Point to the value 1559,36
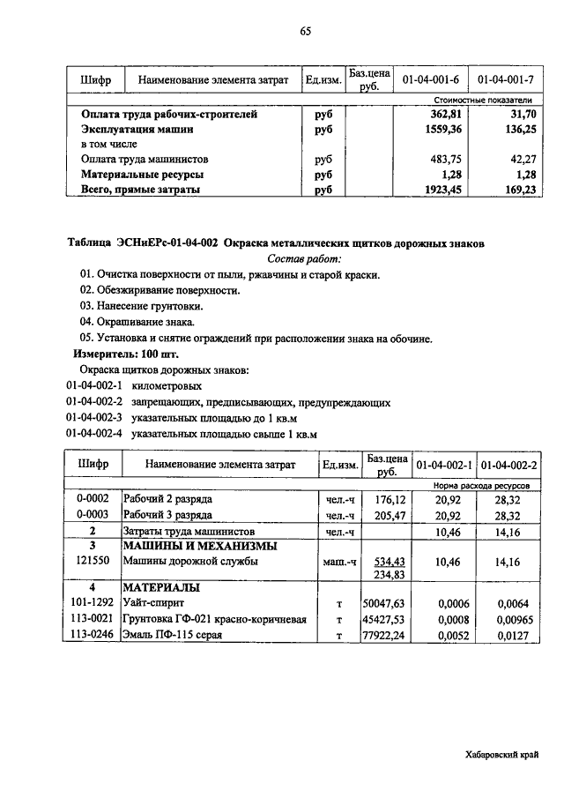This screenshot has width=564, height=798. [x=442, y=129]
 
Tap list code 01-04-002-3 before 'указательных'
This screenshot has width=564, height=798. [x=93, y=418]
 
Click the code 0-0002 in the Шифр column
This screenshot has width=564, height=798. [x=93, y=499]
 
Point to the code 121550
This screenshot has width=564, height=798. [x=93, y=561]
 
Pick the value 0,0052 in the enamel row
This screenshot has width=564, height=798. [x=449, y=635]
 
